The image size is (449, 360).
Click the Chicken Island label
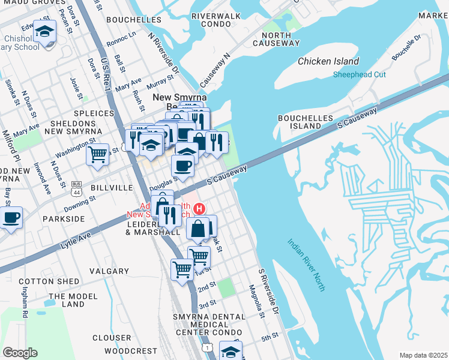[328, 61]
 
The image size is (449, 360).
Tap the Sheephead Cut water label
[360, 75]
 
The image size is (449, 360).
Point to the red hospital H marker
[198, 209]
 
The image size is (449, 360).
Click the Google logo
[20, 352]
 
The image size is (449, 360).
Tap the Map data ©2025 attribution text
[423, 355]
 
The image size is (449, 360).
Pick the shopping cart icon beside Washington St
[97, 154]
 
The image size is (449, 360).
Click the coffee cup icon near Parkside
[11, 218]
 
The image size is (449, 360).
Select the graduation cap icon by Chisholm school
[44, 31]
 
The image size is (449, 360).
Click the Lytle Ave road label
[76, 239]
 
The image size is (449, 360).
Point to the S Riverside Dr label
[269, 292]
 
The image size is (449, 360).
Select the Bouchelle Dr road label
[406, 47]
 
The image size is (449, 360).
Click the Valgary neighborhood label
[109, 271]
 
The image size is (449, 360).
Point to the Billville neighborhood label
[112, 188]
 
